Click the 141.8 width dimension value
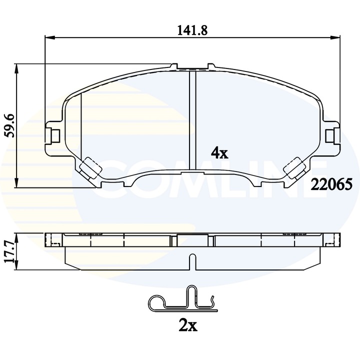(192, 29)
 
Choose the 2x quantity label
(187, 326)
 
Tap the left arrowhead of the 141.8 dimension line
(49, 37)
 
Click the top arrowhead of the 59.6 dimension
(18, 67)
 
